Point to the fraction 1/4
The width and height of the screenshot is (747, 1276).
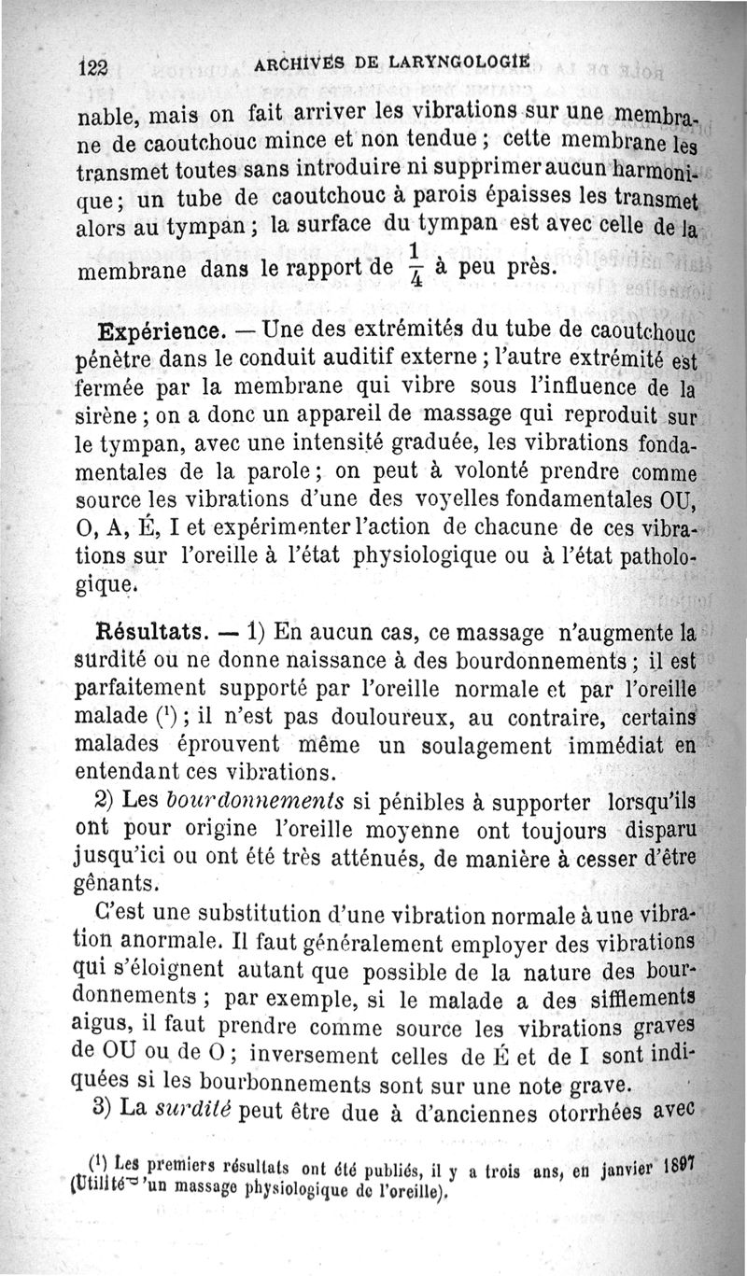click(x=412, y=265)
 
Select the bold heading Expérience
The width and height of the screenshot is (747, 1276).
click(x=160, y=332)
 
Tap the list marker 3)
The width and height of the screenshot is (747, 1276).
click(x=104, y=1113)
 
